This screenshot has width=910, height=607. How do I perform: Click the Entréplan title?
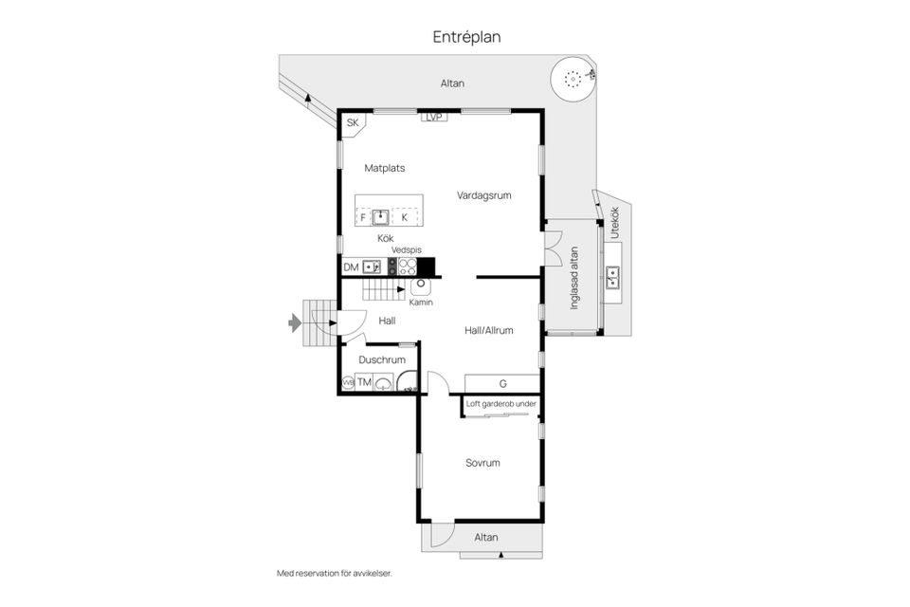pos(466,37)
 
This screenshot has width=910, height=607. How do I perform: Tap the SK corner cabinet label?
pos(353,122)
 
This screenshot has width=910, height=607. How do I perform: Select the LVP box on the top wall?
pos(434,117)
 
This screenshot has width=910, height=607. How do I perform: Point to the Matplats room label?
pos(384,168)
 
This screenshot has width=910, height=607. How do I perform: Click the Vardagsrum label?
pos(483,195)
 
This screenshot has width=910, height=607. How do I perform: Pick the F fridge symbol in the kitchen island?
pos(363,217)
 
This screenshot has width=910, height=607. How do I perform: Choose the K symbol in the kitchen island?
pos(405,217)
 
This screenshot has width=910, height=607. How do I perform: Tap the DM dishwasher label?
pos(351,267)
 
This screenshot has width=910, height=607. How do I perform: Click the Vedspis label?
pos(407,249)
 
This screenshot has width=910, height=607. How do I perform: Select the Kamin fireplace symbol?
pos(420,286)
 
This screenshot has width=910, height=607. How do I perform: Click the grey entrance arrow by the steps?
pos(295,322)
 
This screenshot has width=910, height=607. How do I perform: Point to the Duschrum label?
pos(382,359)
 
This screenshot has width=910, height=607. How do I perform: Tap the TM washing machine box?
pos(364,381)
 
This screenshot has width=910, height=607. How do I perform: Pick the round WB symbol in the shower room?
pos(348,383)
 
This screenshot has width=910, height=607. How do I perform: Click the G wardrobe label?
pos(502,383)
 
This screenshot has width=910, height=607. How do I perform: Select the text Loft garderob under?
pos(500,404)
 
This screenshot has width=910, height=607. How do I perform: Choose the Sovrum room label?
pos(482,463)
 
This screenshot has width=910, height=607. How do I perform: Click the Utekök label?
pos(614,223)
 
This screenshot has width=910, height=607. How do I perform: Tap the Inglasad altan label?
pos(574,278)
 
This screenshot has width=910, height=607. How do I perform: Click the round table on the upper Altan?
pos(573,79)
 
